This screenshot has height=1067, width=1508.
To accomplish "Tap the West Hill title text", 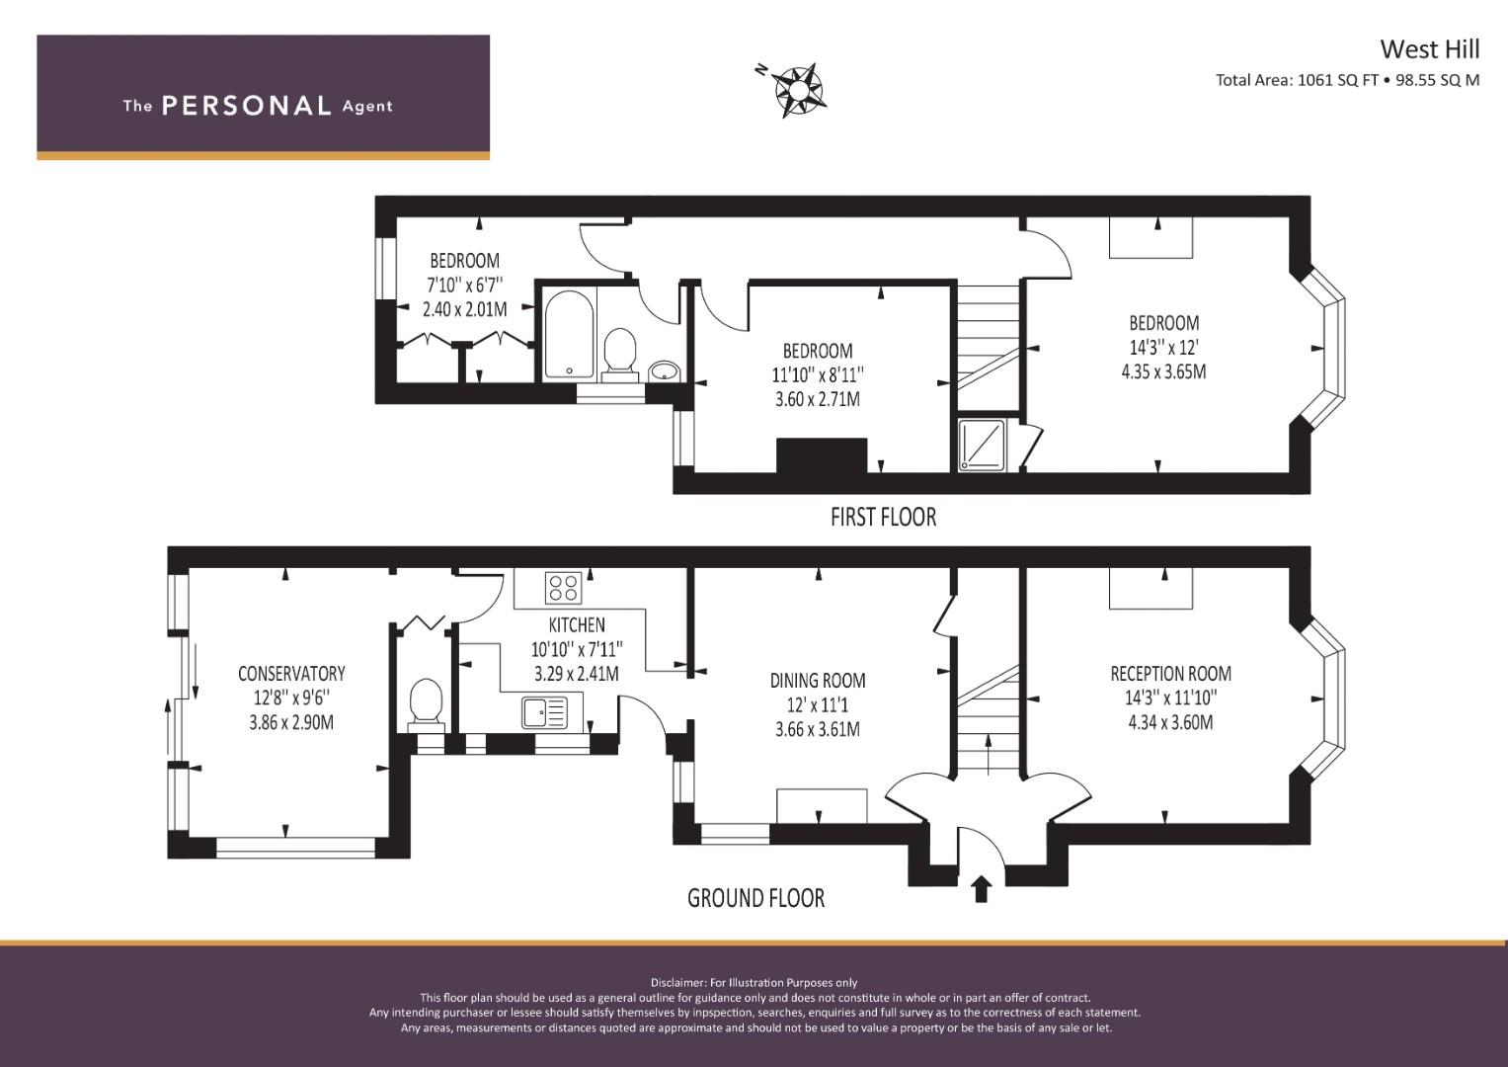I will [1429, 49].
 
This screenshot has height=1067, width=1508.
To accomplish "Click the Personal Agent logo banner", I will [263, 98].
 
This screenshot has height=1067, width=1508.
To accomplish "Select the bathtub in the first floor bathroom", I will [569, 333].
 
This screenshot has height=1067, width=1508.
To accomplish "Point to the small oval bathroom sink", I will [665, 371].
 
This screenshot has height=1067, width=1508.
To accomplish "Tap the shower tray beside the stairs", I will [982, 445].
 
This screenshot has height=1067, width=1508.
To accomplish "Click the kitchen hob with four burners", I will [563, 587].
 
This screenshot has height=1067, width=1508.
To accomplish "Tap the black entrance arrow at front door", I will [981, 888].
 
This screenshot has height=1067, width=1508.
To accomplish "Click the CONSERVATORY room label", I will [291, 674].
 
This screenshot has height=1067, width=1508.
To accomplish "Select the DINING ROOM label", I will [818, 681].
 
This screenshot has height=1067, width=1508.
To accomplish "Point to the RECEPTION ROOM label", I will [1170, 674].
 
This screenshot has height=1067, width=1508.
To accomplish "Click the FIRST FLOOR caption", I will [883, 517].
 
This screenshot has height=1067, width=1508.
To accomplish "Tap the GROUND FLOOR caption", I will [755, 898].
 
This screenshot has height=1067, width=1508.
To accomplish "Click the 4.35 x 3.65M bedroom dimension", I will [1163, 372].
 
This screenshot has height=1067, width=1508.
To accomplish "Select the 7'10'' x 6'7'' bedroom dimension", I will [464, 286].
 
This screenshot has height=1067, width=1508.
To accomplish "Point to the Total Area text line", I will [1347, 81].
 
